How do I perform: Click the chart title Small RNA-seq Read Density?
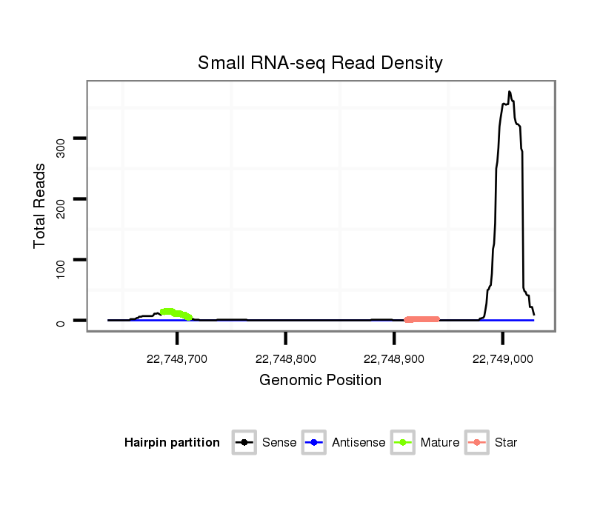click(x=320, y=63)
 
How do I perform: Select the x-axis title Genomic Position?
click(x=320, y=381)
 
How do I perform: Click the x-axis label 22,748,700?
click(x=177, y=359)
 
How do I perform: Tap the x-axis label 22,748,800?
click(x=286, y=359)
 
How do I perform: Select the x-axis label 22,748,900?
click(x=394, y=359)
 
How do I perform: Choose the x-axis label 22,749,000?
click(x=503, y=359)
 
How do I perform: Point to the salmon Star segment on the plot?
click(x=422, y=319)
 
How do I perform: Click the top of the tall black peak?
click(x=509, y=92)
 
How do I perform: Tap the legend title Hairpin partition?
click(x=173, y=443)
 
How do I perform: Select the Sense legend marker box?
click(x=244, y=443)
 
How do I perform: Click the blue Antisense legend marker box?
click(x=313, y=443)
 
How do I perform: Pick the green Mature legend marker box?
click(x=402, y=443)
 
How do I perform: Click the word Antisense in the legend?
click(x=359, y=443)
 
